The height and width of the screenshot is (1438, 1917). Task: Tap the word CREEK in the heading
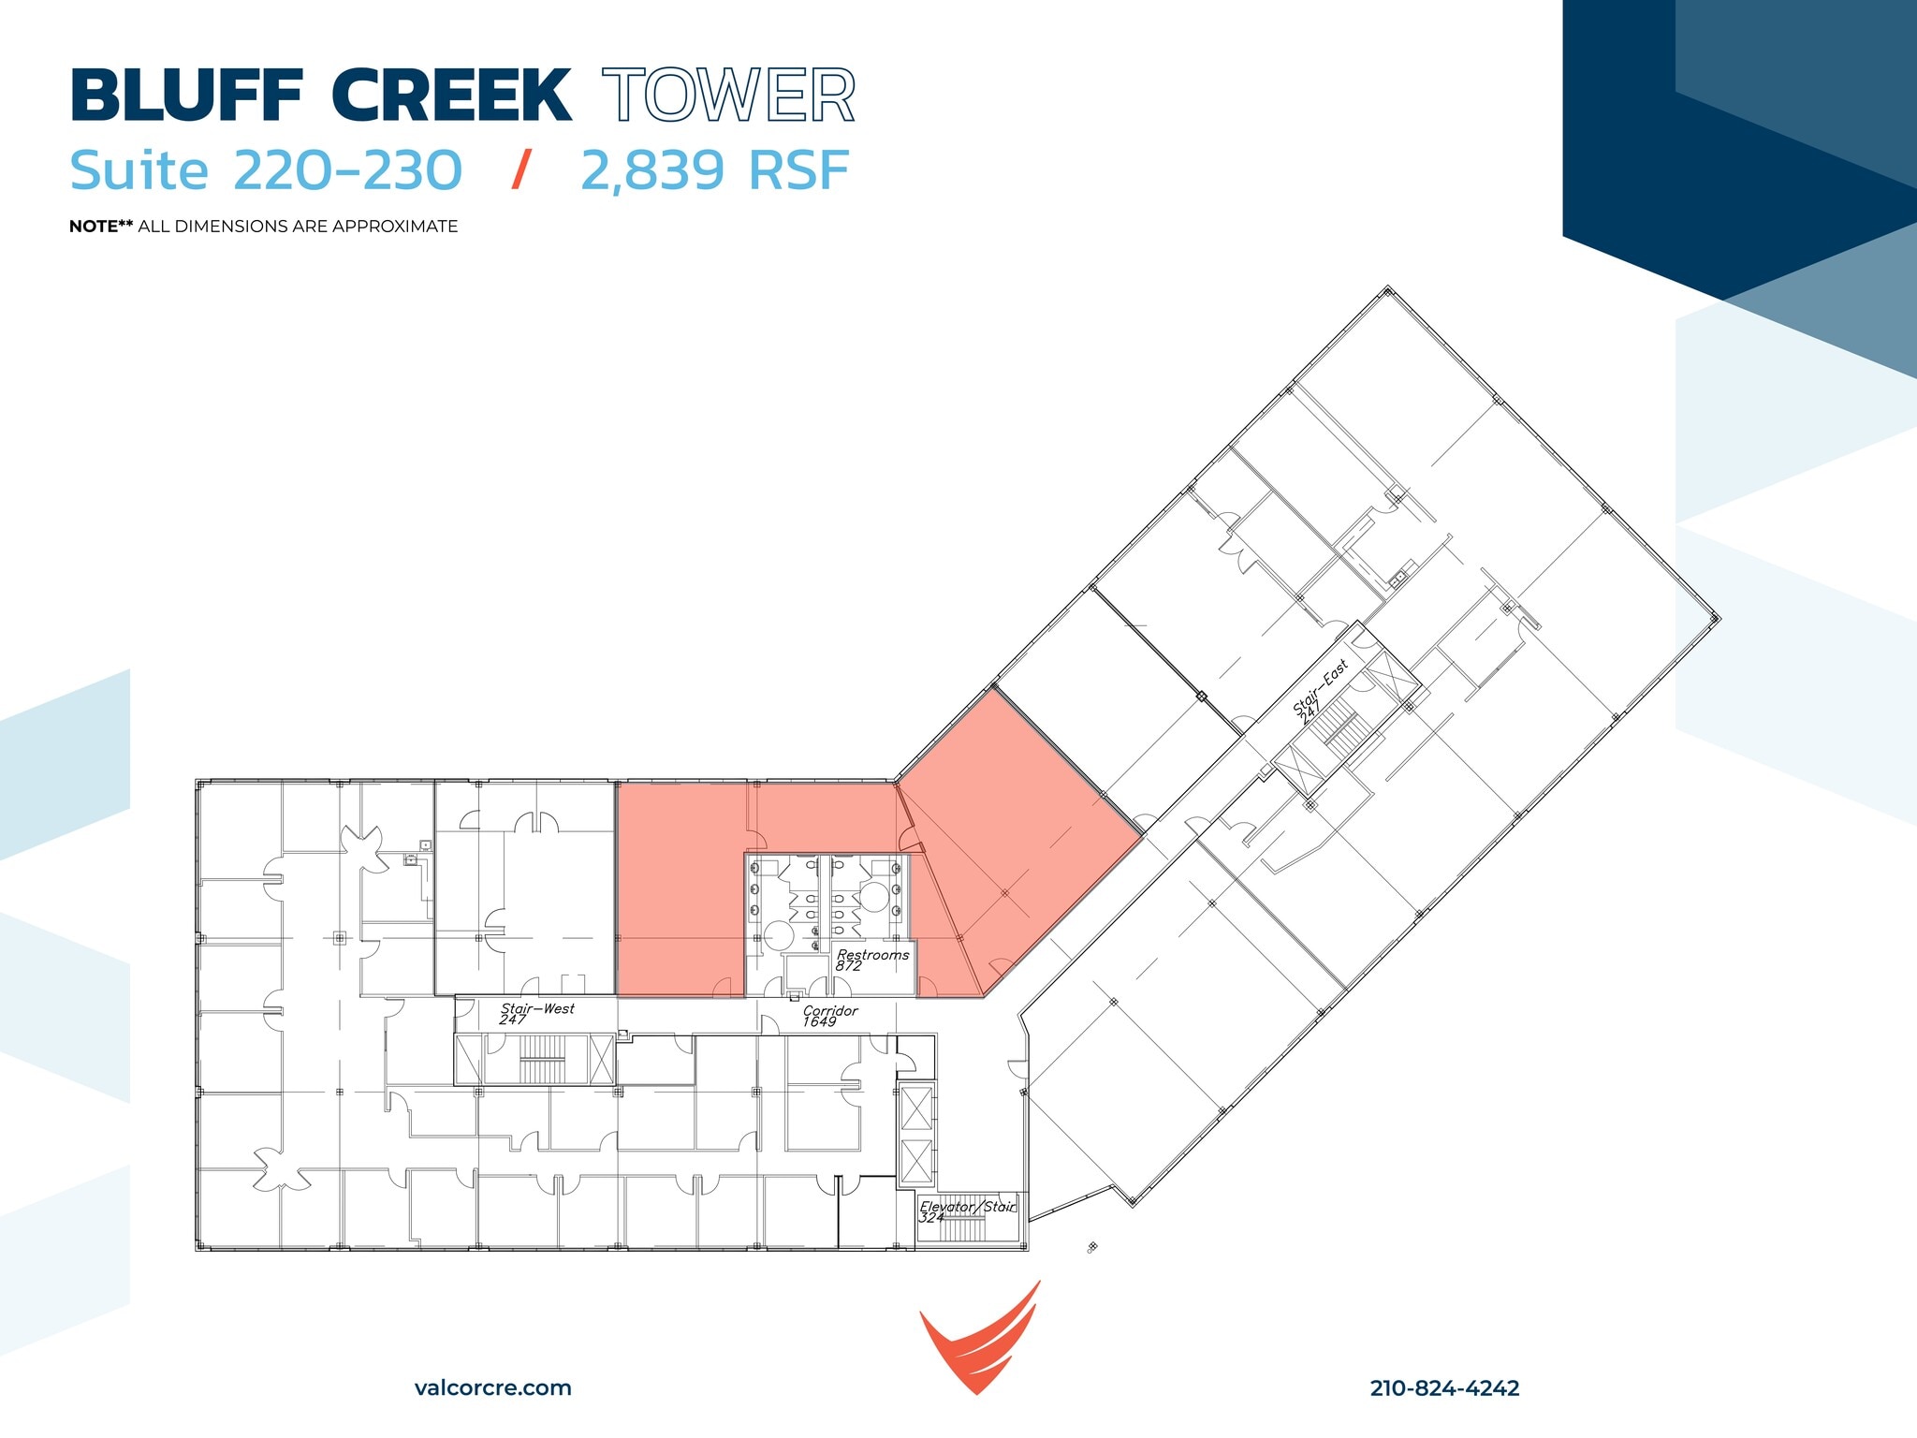(450, 96)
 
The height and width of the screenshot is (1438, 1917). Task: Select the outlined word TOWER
(728, 96)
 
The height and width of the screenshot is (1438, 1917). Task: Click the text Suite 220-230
(266, 171)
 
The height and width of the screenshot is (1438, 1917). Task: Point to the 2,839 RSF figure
(714, 171)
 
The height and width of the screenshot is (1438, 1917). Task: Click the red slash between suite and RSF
(521, 170)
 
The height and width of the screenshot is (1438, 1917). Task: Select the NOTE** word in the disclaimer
(101, 227)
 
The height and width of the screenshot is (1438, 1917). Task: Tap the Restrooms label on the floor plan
(872, 955)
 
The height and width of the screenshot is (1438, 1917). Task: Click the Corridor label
(830, 1010)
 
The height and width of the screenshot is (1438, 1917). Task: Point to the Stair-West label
(537, 1008)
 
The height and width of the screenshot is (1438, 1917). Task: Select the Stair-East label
(1320, 686)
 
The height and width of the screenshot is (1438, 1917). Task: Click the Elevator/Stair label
(967, 1206)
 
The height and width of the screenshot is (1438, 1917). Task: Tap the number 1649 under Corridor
(819, 1022)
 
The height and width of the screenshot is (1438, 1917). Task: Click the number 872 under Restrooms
(848, 966)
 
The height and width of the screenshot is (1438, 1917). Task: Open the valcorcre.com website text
(492, 1387)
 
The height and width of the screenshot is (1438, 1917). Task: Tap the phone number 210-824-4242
(1444, 1387)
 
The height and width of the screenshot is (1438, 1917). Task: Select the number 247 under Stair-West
(513, 1020)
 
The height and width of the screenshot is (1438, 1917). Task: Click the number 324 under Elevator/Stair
(930, 1217)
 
